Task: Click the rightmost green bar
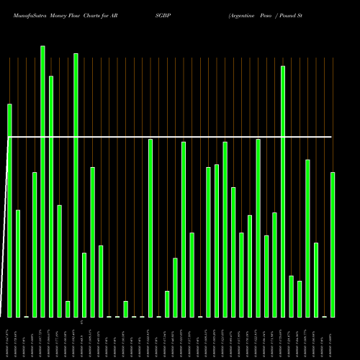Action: pos(333,245)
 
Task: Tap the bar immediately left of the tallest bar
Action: pos(35,245)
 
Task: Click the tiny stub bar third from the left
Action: pos(26,316)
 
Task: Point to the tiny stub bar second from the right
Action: pos(324,316)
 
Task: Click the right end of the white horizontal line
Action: pos(331,136)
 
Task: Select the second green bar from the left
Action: pos(18,264)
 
